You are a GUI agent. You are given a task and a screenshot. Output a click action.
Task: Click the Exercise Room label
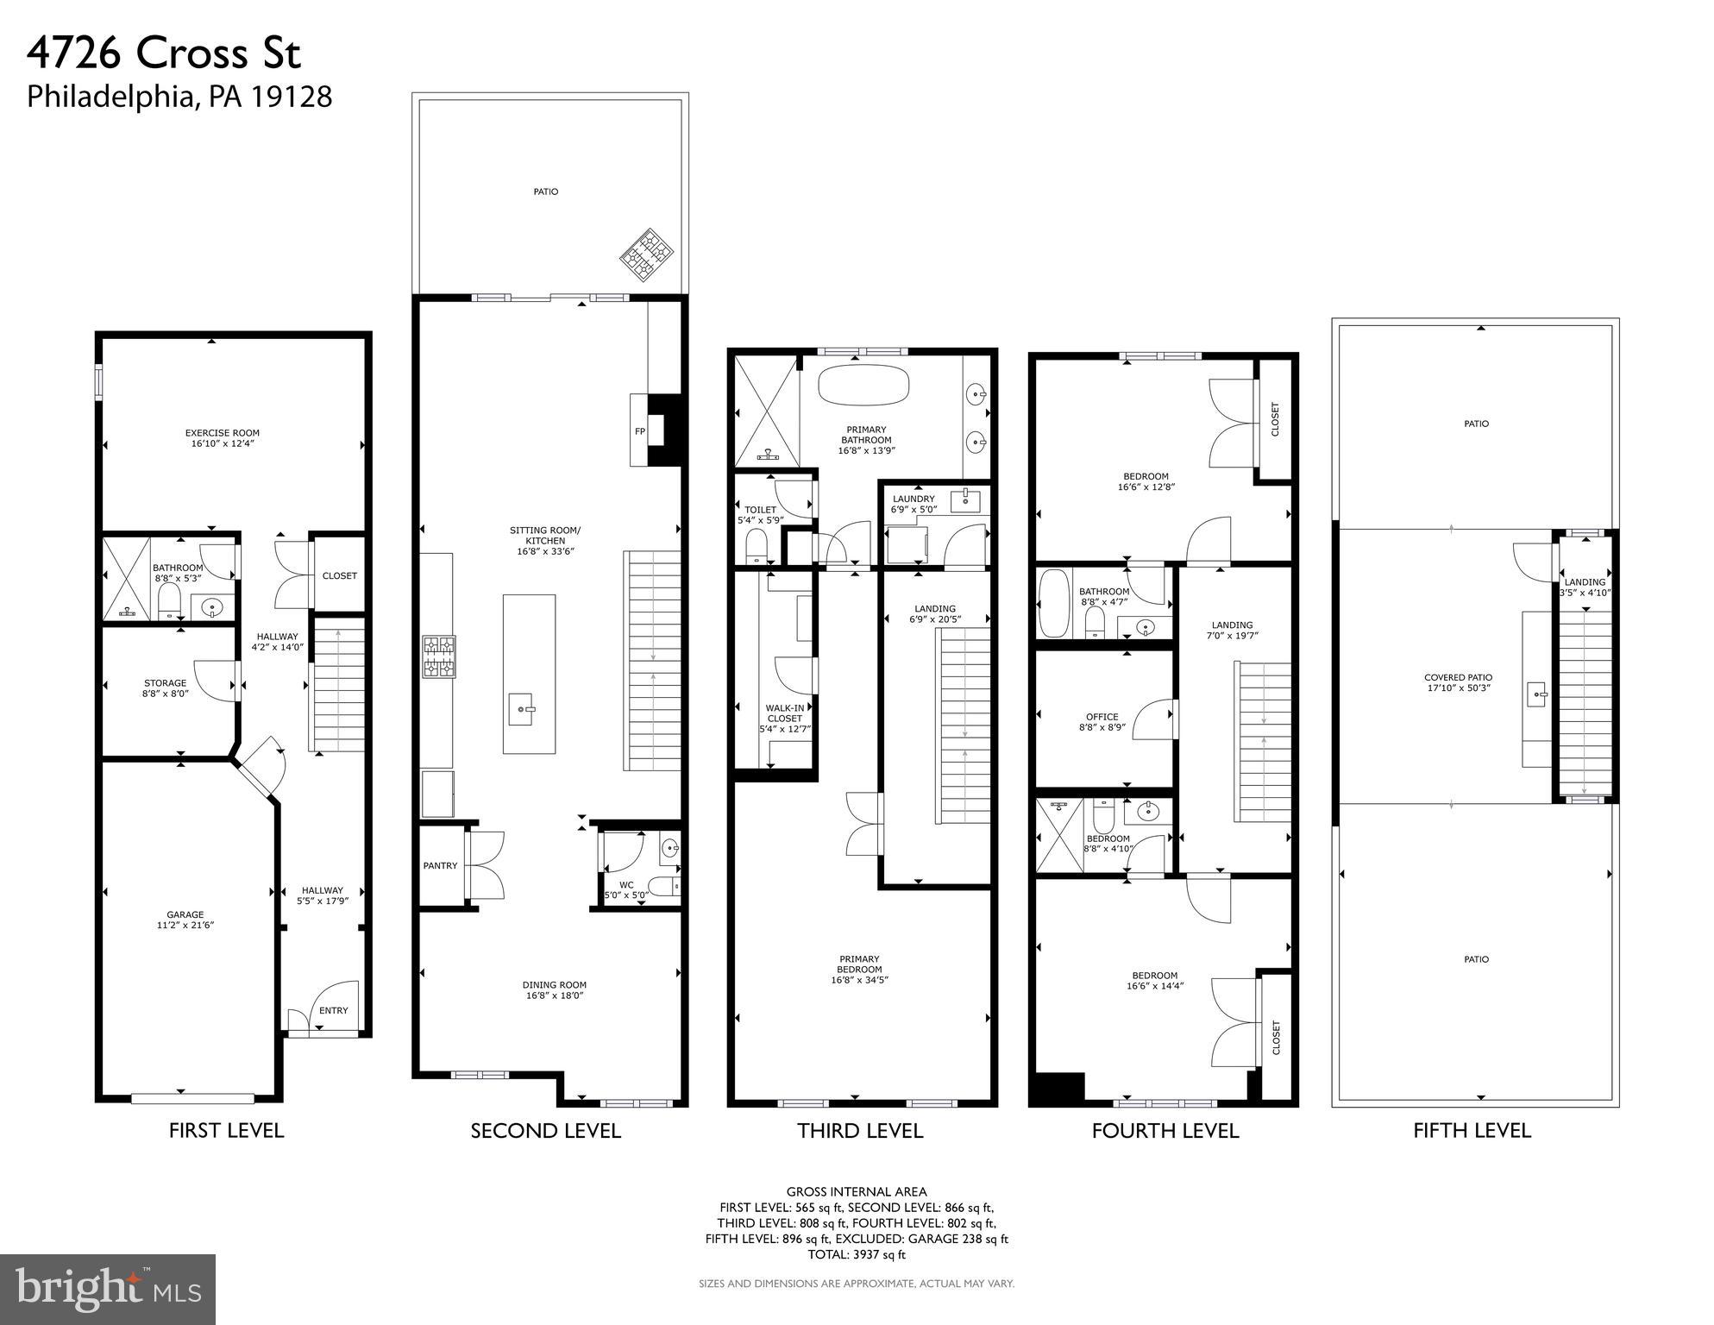click(x=222, y=433)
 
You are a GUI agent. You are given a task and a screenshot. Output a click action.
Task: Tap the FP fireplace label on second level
click(x=639, y=431)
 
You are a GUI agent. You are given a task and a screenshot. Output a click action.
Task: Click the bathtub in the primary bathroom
click(x=863, y=385)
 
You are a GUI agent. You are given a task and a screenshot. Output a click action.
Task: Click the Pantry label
click(x=440, y=865)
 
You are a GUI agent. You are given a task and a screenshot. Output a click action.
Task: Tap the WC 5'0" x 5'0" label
click(x=626, y=889)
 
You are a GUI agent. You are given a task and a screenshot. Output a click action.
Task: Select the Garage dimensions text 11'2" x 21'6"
click(x=185, y=926)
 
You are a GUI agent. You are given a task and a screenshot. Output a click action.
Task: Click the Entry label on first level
click(x=333, y=1010)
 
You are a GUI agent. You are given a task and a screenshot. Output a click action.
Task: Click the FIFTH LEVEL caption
click(x=1472, y=1131)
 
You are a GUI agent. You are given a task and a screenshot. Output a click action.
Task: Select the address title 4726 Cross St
click(x=164, y=53)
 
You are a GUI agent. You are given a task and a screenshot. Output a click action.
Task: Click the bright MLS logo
click(x=108, y=1289)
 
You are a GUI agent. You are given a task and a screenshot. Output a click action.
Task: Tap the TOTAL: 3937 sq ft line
click(x=856, y=1254)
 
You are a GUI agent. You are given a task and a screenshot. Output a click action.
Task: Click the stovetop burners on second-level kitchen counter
click(x=438, y=657)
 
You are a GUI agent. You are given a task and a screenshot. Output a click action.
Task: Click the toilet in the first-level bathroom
click(x=169, y=601)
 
